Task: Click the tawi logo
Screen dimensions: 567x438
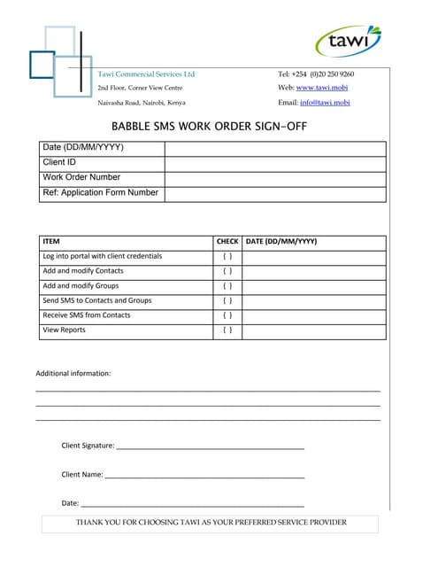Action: [x=349, y=41]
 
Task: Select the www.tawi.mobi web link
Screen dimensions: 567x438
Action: [x=322, y=88]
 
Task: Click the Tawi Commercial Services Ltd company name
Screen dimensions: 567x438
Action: [x=146, y=74]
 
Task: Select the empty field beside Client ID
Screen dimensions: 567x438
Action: [x=275, y=163]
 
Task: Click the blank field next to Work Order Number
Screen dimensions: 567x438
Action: [x=275, y=178]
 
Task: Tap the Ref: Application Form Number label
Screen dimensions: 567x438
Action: [x=101, y=193]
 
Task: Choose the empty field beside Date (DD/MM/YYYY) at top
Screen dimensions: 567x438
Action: [x=275, y=148]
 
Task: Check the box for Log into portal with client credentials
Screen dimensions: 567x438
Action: [x=227, y=257]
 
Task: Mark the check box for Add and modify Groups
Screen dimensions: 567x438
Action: [x=227, y=286]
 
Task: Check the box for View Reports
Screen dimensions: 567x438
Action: [x=227, y=330]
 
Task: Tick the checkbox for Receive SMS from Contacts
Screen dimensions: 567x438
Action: [x=227, y=315]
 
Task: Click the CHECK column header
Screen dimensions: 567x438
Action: [x=227, y=242]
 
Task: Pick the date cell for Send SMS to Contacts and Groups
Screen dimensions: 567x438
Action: [x=314, y=301]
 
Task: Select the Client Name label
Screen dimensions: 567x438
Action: [x=82, y=475]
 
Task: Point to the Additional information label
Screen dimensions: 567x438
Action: [x=73, y=374]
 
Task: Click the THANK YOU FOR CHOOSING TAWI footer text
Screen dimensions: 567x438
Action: [x=211, y=523]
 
